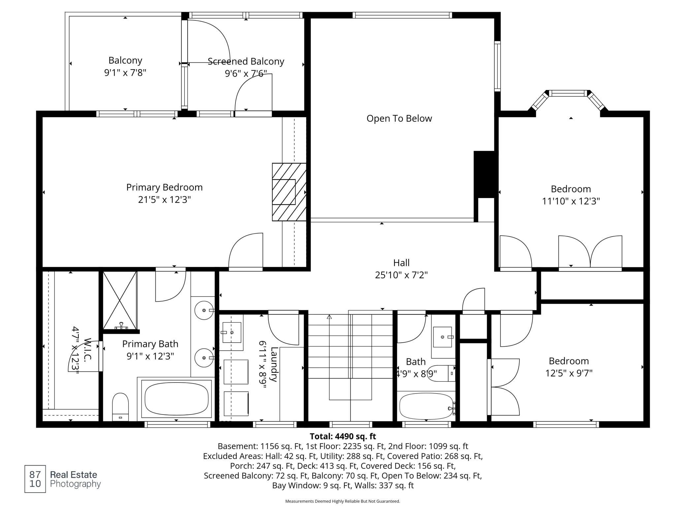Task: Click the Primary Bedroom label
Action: pos(164,187)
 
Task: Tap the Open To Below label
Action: pos(399,119)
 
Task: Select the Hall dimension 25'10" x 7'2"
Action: pos(401,275)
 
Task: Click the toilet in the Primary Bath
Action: pos(120,407)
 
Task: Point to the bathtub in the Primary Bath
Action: pos(176,399)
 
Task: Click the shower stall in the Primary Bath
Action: pos(120,300)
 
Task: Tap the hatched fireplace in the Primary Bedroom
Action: pos(289,192)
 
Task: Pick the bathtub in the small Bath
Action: pos(426,407)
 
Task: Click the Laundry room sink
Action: pos(231,332)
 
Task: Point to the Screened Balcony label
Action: pos(246,62)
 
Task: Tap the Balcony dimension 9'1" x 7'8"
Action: pos(125,73)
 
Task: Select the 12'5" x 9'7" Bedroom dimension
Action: pos(569,373)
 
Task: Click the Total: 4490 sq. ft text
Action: pos(343,436)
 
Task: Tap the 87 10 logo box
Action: pos(35,479)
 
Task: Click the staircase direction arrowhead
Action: pos(329,317)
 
